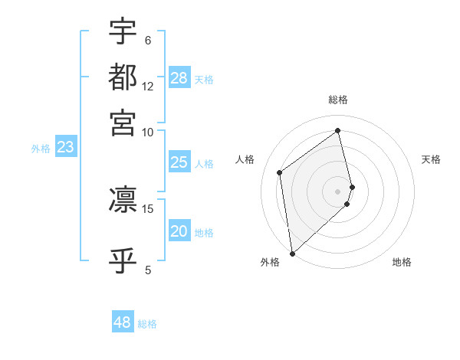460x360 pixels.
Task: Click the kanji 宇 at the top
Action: pyautogui.click(x=123, y=31)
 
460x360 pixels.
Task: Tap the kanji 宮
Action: pyautogui.click(x=123, y=122)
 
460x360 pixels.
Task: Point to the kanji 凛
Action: pyautogui.click(x=123, y=199)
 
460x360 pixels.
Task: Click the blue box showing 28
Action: pyautogui.click(x=179, y=78)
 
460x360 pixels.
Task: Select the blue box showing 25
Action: pyautogui.click(x=179, y=162)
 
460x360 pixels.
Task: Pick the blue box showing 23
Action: pyautogui.click(x=65, y=148)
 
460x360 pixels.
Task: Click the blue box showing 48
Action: pyautogui.click(x=123, y=322)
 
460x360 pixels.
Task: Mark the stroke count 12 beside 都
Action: pyautogui.click(x=148, y=87)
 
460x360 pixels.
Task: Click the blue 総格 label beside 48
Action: pyautogui.click(x=147, y=324)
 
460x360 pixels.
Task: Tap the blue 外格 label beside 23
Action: pyautogui.click(x=40, y=149)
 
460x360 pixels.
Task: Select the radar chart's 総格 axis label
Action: pyautogui.click(x=338, y=100)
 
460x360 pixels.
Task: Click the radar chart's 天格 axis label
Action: pyautogui.click(x=431, y=159)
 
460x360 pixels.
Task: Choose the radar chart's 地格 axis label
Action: pyautogui.click(x=402, y=263)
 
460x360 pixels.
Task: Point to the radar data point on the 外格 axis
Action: pyautogui.click(x=291, y=253)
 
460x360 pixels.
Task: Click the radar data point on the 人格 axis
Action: pyautogui.click(x=280, y=172)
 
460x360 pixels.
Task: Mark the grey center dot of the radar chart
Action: pyautogui.click(x=338, y=191)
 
